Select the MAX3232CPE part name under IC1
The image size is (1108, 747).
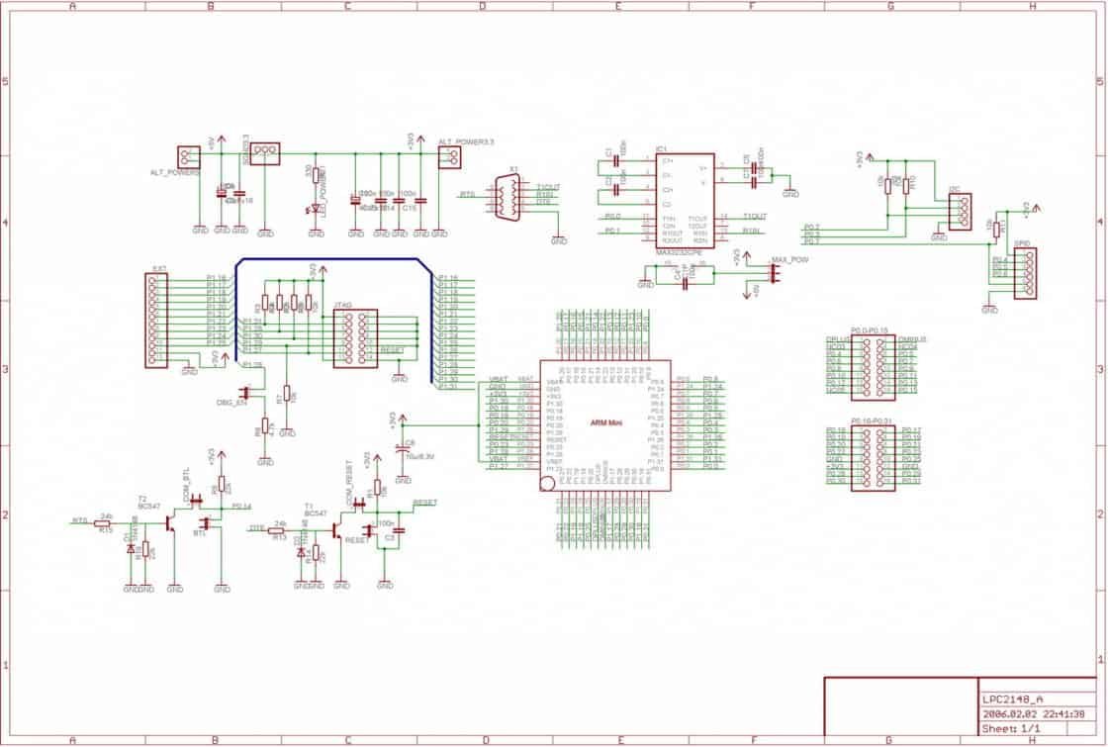[x=679, y=252]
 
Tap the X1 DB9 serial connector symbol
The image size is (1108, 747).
[x=508, y=194]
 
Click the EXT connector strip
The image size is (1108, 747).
[x=155, y=322]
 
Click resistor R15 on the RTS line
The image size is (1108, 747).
[x=102, y=523]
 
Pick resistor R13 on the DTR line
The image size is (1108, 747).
[x=278, y=530]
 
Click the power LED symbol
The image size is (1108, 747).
[x=316, y=208]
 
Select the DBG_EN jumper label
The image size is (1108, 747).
[x=230, y=403]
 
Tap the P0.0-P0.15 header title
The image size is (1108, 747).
[x=869, y=329]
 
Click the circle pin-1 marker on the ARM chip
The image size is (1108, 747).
[x=547, y=484]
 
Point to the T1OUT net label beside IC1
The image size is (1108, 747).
[x=754, y=216]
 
